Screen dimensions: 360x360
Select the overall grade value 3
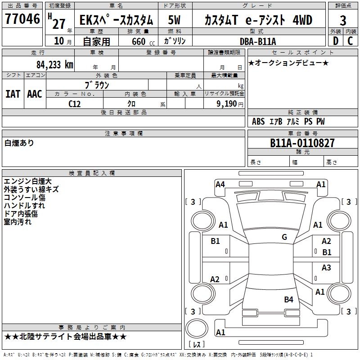pos(343,21)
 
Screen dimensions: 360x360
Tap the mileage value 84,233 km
pos(54,64)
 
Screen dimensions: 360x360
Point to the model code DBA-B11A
pos(258,41)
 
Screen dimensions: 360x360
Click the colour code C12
pos(75,103)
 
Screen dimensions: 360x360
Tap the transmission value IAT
pos(13,94)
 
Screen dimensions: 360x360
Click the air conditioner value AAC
pos(35,94)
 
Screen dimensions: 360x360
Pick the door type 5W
pos(175,20)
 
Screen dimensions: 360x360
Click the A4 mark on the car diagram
pos(220,184)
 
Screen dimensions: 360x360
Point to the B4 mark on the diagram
pos(288,299)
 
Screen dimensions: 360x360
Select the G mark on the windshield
pos(284,237)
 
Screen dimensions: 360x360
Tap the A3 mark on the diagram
pos(326,268)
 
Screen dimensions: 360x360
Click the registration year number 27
pos(59,23)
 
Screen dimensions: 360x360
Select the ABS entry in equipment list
pos(258,121)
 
